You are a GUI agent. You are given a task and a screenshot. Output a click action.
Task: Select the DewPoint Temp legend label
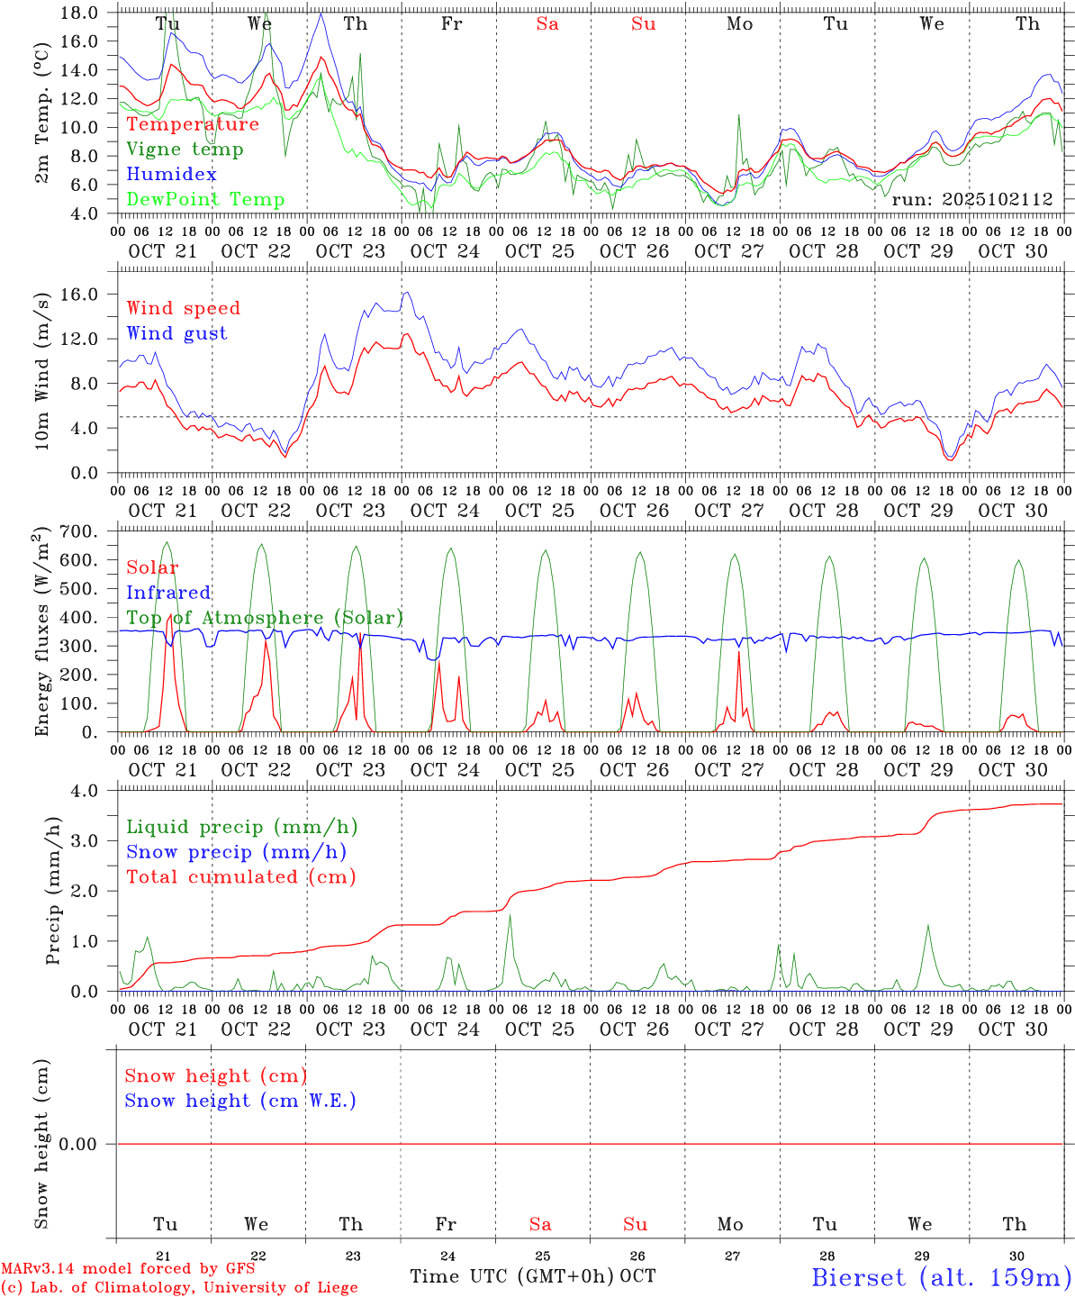[x=205, y=200]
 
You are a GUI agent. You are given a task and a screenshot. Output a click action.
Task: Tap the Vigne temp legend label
[x=185, y=150]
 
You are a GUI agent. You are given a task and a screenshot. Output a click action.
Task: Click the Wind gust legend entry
[x=176, y=333]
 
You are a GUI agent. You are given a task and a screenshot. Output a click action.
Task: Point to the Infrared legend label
[x=168, y=593]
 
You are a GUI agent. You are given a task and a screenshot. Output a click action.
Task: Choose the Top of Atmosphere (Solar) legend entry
[x=264, y=618]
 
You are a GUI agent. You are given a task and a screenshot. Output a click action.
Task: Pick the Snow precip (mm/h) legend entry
[x=236, y=852]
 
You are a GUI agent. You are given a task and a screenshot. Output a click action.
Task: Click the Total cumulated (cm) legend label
[x=240, y=877]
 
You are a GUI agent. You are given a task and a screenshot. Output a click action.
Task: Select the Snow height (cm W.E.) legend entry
[x=239, y=1101]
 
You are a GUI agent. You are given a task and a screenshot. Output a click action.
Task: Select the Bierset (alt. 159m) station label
[x=941, y=1277]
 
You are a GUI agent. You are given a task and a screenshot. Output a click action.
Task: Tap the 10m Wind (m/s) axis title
[x=42, y=372]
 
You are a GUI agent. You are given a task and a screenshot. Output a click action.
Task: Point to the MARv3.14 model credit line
[x=128, y=1268]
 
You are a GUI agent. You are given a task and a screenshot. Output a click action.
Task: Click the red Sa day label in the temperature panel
[x=547, y=24]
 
